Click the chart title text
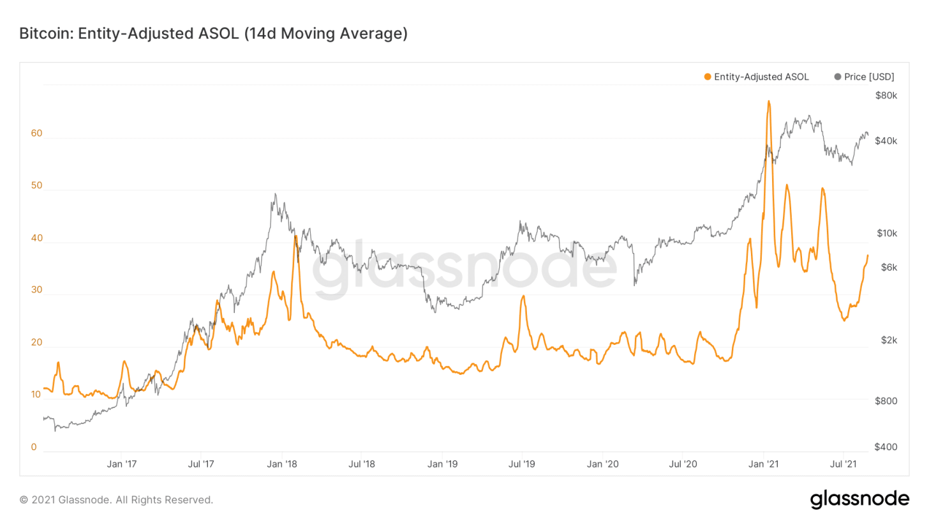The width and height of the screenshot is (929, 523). pos(213,34)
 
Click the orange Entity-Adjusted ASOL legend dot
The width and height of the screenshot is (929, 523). pos(707,77)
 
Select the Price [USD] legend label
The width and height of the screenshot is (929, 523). pos(868,77)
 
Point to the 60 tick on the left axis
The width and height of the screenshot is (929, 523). pos(36,133)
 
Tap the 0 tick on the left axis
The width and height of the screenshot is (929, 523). pos(34,447)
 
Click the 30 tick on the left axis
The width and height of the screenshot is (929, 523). pos(36,290)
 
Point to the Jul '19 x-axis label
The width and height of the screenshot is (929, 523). pos(522,464)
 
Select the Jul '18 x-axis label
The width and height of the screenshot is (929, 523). pos(361,464)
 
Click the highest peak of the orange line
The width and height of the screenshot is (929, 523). pos(769,101)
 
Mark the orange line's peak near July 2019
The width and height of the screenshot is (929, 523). pos(523,296)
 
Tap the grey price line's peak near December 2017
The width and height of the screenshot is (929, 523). pos(275,194)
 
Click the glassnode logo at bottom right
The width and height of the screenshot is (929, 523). pos(859,499)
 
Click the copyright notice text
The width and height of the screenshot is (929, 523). pos(116,499)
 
